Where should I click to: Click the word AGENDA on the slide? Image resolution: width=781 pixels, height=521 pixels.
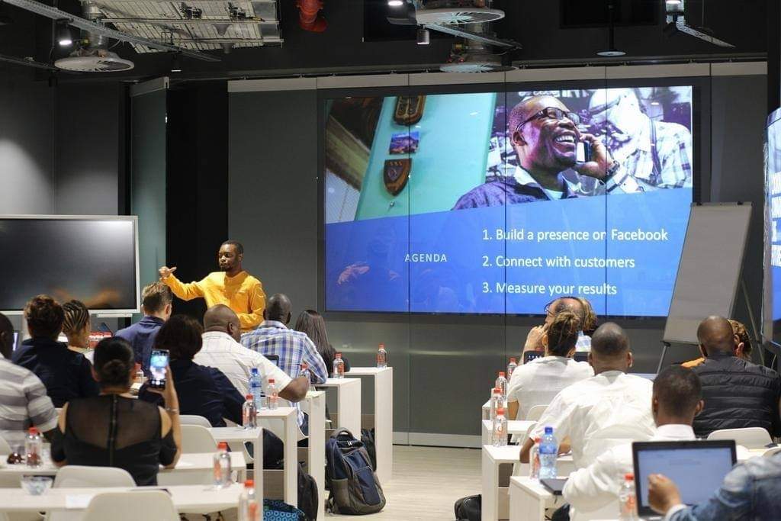tap(426, 258)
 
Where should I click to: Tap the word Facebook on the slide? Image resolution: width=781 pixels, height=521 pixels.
tap(639, 235)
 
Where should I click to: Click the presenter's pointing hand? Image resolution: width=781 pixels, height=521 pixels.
tap(166, 272)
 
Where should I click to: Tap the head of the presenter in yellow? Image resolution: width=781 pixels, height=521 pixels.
tap(230, 256)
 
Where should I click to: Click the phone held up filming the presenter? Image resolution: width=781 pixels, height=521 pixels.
tap(159, 368)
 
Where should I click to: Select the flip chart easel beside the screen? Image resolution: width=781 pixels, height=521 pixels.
tap(707, 279)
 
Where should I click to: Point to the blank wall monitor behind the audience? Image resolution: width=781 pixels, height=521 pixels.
tap(68, 264)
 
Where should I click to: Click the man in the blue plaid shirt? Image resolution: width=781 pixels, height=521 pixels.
tap(284, 344)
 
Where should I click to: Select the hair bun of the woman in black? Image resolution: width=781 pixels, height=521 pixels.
tap(115, 370)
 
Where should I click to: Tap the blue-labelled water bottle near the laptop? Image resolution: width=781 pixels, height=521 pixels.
tap(548, 453)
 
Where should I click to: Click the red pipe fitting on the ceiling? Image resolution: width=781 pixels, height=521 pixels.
tap(312, 15)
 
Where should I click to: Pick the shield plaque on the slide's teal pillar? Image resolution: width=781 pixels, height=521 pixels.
tap(397, 175)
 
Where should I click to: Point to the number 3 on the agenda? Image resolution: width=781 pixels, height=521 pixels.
tap(486, 288)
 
